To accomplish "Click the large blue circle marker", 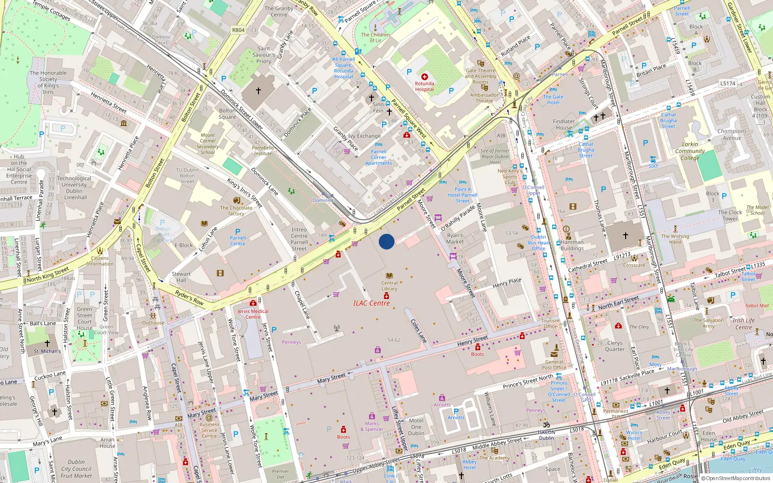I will click(386, 241).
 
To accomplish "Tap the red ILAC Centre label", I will click(371, 303).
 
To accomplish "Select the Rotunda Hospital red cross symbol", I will click(425, 77).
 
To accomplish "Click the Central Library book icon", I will click(389, 276).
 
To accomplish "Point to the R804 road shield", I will click(238, 30).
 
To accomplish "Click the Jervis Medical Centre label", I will click(253, 314).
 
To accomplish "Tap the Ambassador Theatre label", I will click(484, 98).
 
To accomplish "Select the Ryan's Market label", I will click(455, 239).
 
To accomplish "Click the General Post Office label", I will click(554, 365).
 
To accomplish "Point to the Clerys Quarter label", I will click(615, 346).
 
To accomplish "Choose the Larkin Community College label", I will click(690, 151).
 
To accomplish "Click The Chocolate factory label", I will click(236, 211).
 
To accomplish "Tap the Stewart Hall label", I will click(181, 277).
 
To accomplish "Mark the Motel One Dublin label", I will click(416, 427).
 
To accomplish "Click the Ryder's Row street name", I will click(189, 298).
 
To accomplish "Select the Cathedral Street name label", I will click(587, 265).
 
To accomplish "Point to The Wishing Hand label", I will click(675, 239).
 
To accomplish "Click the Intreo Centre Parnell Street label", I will click(299, 239).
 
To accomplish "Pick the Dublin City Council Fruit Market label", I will click(76, 469).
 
